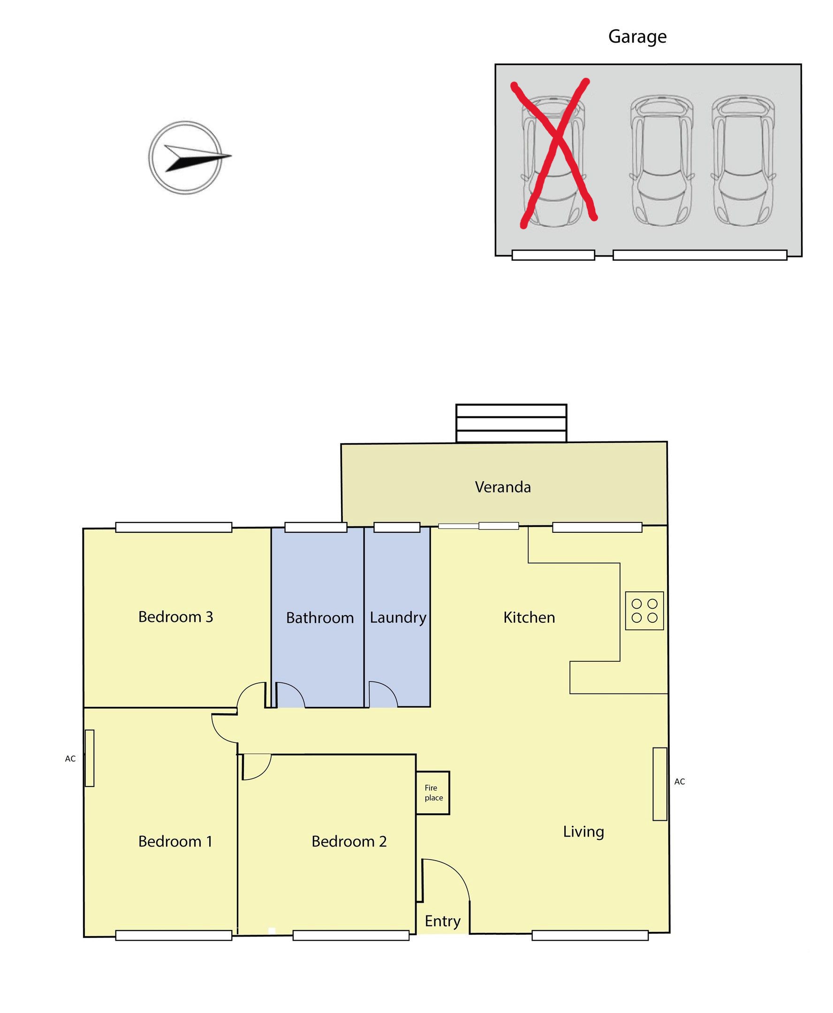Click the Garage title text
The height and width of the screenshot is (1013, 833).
tap(637, 37)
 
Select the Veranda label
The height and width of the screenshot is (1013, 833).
tap(503, 487)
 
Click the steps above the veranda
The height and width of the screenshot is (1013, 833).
tap(511, 423)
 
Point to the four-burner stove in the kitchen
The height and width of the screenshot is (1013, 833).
tap(644, 611)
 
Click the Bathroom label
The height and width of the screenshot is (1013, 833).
tap(319, 618)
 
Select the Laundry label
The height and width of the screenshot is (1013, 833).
tap(398, 618)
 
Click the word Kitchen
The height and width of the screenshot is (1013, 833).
tap(529, 618)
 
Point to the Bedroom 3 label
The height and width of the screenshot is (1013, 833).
tap(175, 617)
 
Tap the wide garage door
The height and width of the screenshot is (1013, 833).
tap(700, 255)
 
